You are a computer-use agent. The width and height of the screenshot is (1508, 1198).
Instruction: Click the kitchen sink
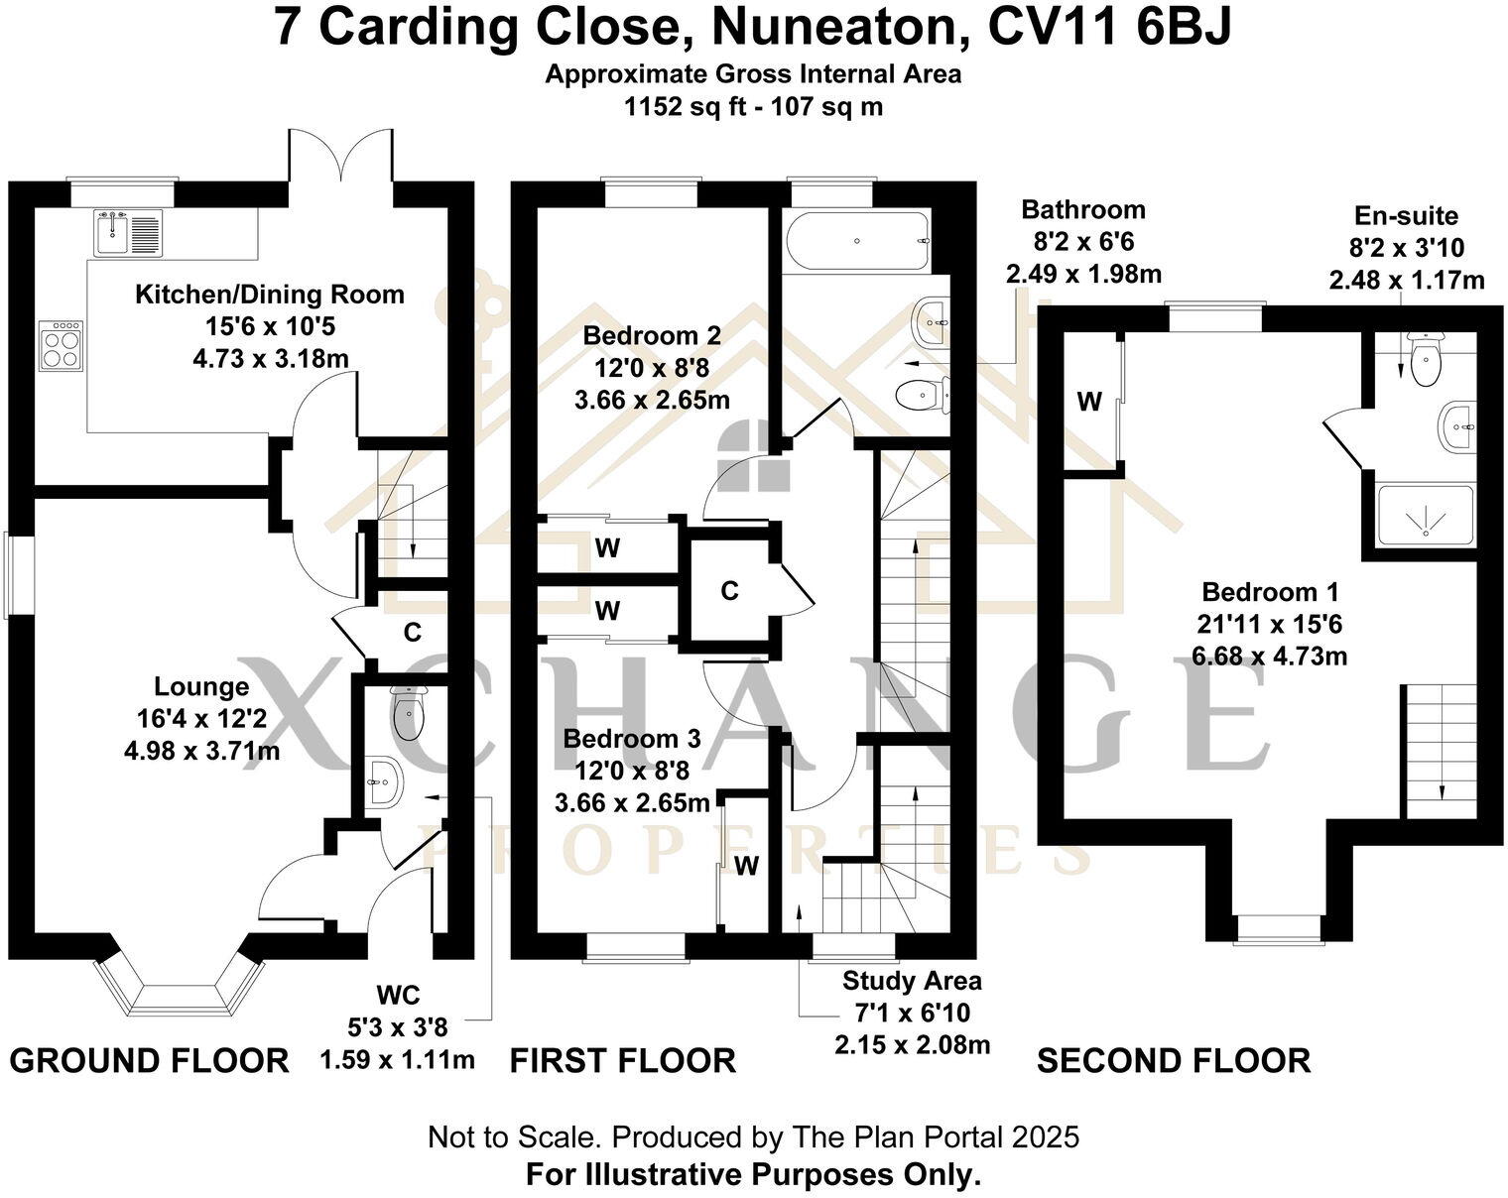tap(128, 231)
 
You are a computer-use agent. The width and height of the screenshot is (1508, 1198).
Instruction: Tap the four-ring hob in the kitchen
tap(62, 345)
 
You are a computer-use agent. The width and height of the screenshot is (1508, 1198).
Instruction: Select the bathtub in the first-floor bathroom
tap(857, 241)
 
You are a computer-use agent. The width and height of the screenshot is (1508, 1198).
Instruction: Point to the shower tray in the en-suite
tap(1427, 515)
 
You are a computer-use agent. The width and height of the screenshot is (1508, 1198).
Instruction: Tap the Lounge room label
tap(201, 686)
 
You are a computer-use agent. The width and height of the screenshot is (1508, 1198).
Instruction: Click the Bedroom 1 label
tap(1270, 592)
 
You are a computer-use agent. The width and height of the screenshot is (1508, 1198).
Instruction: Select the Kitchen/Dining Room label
tap(270, 295)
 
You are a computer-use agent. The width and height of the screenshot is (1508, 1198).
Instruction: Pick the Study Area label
tap(912, 981)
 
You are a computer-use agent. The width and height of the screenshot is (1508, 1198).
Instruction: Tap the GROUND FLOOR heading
tap(149, 1061)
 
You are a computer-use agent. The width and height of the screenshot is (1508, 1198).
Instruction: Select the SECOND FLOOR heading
tap(1174, 1061)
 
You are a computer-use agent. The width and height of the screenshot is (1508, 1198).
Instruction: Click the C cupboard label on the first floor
tap(729, 591)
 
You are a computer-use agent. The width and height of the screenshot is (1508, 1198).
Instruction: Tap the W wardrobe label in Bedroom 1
tap(1089, 402)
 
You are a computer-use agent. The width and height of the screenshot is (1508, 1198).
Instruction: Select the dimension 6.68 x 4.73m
tap(1270, 657)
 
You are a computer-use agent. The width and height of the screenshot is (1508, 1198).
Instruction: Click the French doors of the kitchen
tap(341, 158)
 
